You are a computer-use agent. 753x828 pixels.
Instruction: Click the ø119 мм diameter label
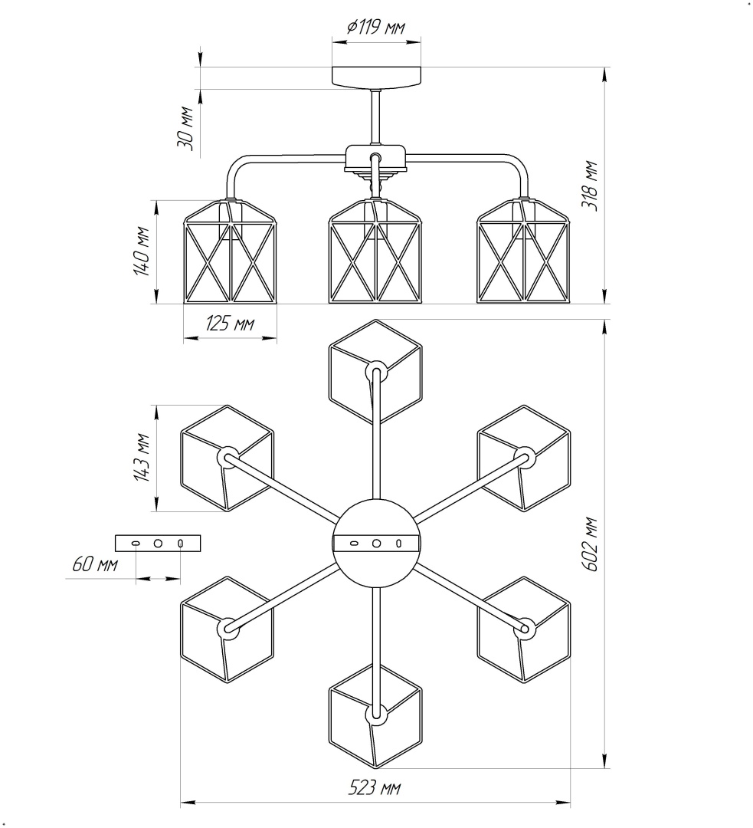coord(376,28)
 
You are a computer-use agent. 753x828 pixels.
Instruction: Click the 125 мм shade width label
coord(229,324)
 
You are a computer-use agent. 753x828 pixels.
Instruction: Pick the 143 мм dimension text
coord(142,458)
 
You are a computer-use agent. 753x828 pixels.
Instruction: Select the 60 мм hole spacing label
coord(94,565)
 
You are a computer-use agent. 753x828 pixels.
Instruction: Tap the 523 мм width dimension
coord(375,788)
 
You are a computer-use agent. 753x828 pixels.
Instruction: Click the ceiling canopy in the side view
coord(376,77)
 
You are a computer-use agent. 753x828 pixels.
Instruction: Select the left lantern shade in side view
coord(229,252)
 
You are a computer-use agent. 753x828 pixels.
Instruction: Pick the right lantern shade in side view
coord(525,252)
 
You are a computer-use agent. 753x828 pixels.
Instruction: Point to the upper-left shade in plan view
coord(227,458)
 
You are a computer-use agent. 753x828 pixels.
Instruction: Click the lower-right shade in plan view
coord(525,629)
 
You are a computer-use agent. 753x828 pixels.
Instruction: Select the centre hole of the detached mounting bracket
coord(158,543)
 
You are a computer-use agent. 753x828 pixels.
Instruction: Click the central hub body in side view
coord(375,159)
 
